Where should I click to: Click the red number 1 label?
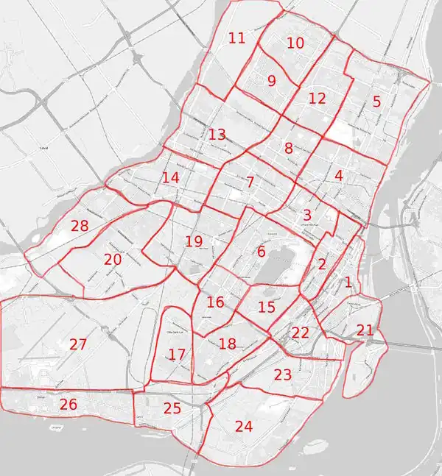pyautogui.click(x=348, y=281)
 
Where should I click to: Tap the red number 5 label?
pyautogui.click(x=376, y=102)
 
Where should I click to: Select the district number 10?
pyautogui.click(x=295, y=43)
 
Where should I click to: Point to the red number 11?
pyautogui.click(x=236, y=38)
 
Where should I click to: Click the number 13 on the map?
pyautogui.click(x=217, y=135)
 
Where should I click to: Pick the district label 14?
pyautogui.click(x=171, y=177)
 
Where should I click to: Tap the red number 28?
pyautogui.click(x=80, y=226)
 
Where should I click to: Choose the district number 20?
pyautogui.click(x=113, y=259)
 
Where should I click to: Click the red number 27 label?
pyautogui.click(x=78, y=344)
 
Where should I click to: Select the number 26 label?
pyautogui.click(x=69, y=404)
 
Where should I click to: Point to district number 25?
pyautogui.click(x=172, y=408)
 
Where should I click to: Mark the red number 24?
pyautogui.click(x=244, y=425)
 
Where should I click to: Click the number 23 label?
pyautogui.click(x=283, y=374)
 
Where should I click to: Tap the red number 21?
pyautogui.click(x=365, y=330)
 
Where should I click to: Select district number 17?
pyautogui.click(x=177, y=355)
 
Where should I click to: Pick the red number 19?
pyautogui.click(x=194, y=241)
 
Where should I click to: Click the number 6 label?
pyautogui.click(x=261, y=252)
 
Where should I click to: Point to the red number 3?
pyautogui.click(x=306, y=215)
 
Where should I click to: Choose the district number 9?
pyautogui.click(x=272, y=81)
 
